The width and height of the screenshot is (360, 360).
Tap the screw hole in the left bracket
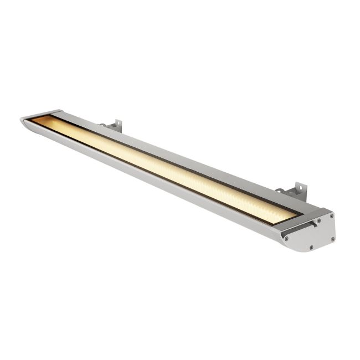116,122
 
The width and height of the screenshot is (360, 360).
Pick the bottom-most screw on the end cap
311,247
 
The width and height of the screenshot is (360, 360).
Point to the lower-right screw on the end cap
332,239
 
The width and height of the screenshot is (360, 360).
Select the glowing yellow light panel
166,166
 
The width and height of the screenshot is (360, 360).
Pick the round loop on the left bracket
102,126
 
